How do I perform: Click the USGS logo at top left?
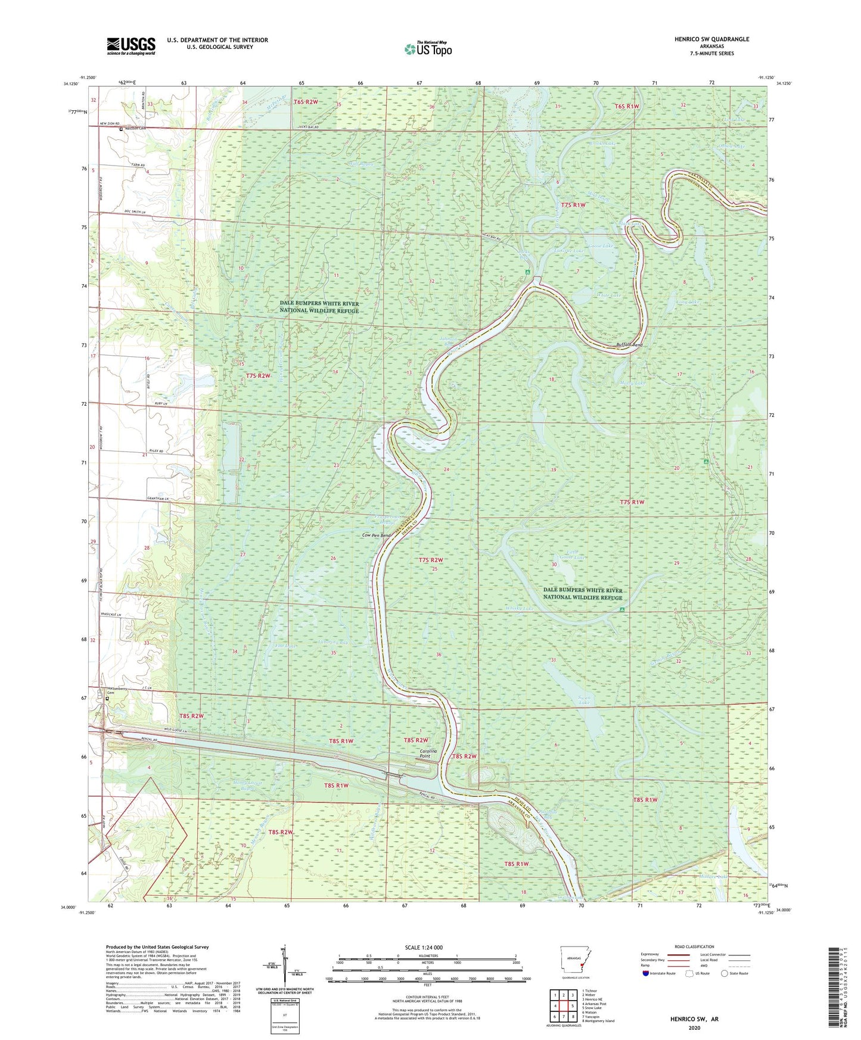click(131, 46)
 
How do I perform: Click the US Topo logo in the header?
click(428, 49)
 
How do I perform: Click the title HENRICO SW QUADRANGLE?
click(712, 39)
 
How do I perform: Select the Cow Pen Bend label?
click(377, 535)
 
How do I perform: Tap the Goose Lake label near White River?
click(600, 246)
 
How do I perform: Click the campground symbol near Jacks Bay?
click(527, 272)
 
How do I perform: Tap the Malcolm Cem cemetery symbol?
click(120, 129)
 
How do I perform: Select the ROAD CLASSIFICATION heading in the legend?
click(694, 946)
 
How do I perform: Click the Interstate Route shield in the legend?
click(646, 974)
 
